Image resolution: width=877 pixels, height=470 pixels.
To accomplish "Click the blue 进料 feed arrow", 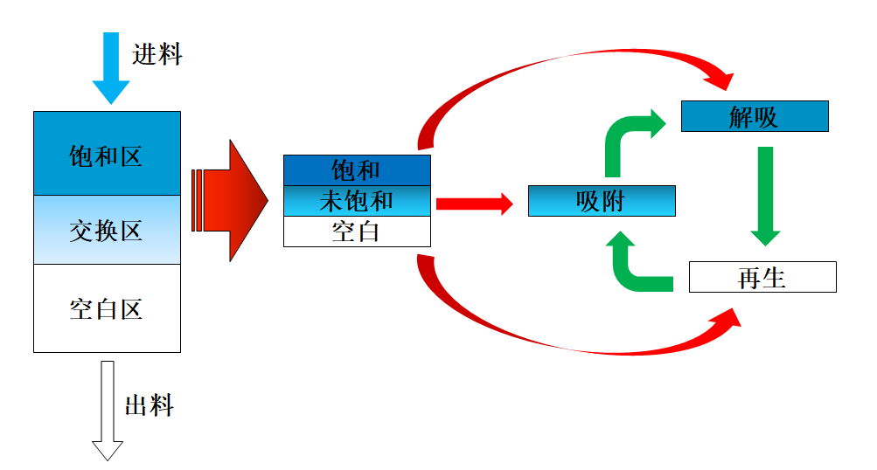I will click(x=111, y=66).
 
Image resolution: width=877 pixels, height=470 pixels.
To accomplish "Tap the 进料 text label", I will click(x=157, y=54).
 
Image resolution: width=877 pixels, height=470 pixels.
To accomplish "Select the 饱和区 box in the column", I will click(x=107, y=154).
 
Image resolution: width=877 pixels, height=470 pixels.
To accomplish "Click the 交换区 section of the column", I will click(x=107, y=230).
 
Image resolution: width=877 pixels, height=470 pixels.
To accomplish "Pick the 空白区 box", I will click(x=107, y=308).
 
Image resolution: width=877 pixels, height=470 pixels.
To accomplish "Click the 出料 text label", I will click(x=150, y=406).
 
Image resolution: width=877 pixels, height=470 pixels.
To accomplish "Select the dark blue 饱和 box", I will click(x=357, y=169).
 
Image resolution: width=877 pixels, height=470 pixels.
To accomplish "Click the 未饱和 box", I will click(x=357, y=201).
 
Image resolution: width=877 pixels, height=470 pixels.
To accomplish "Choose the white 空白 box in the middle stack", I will click(x=357, y=232).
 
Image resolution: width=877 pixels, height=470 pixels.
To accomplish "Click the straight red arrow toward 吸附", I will click(x=473, y=204).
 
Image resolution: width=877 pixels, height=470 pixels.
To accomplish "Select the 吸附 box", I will click(x=602, y=201).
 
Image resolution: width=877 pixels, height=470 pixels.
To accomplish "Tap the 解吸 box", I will click(x=754, y=117).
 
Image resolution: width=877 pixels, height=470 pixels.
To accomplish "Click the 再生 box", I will click(x=762, y=277).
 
